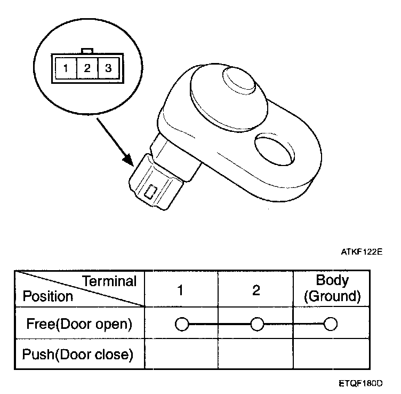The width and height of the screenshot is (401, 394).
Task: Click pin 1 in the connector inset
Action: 65,68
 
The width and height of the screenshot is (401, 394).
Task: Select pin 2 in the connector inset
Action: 86,68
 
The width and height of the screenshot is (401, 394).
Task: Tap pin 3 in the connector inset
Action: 107,68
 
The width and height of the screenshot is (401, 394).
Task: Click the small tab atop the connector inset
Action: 86,51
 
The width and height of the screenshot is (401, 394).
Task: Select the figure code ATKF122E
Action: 362,249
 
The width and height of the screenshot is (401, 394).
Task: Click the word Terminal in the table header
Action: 110,281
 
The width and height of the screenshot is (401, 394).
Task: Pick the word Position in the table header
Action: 47,296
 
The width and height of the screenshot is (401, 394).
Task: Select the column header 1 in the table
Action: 181,290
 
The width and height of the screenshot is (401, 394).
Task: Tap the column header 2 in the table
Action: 256,290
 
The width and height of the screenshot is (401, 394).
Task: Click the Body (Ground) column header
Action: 332,288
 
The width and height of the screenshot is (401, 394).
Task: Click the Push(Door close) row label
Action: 78,354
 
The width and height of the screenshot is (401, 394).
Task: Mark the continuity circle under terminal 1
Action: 181,324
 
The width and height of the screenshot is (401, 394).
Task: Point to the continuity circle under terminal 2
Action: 257,324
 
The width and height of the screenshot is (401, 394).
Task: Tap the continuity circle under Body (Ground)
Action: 331,324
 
